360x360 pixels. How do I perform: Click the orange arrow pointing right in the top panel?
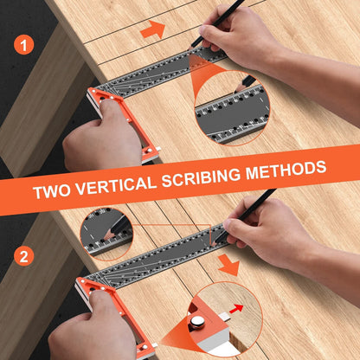tap(152, 30)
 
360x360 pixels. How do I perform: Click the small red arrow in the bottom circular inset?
tap(236, 307)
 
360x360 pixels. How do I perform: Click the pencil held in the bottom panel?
tap(251, 208)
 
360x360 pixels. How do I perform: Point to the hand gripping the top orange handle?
tap(100, 143)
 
